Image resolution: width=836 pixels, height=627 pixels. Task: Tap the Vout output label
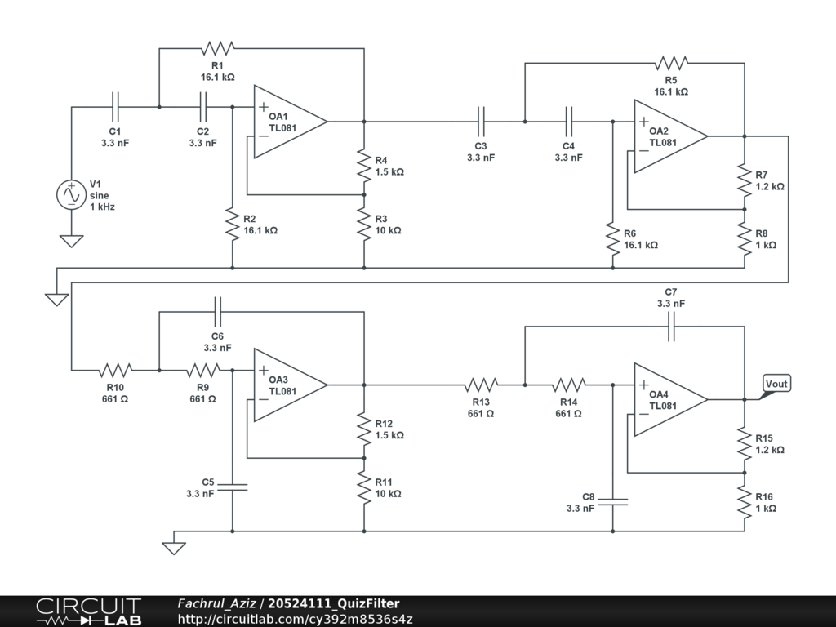coord(776,384)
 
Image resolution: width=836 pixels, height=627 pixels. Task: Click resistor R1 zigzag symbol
coord(217,47)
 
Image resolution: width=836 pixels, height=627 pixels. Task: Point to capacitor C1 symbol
coord(115,106)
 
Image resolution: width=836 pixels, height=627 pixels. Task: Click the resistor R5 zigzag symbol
coord(671,62)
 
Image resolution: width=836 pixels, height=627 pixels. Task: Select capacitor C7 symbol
coord(671,327)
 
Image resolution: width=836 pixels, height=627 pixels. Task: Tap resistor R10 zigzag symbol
coord(115,369)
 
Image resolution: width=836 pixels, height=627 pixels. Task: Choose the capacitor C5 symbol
coord(233,487)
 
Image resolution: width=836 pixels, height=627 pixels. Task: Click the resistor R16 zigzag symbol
coord(745,501)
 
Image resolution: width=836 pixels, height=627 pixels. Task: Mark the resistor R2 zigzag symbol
coord(233,223)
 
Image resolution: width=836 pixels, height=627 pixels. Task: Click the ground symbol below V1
coord(71,241)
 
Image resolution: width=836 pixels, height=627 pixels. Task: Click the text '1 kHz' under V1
coord(102,207)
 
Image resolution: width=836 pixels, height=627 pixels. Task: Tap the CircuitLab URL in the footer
coord(295,620)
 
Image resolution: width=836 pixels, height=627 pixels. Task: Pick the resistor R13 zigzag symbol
coord(481,384)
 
